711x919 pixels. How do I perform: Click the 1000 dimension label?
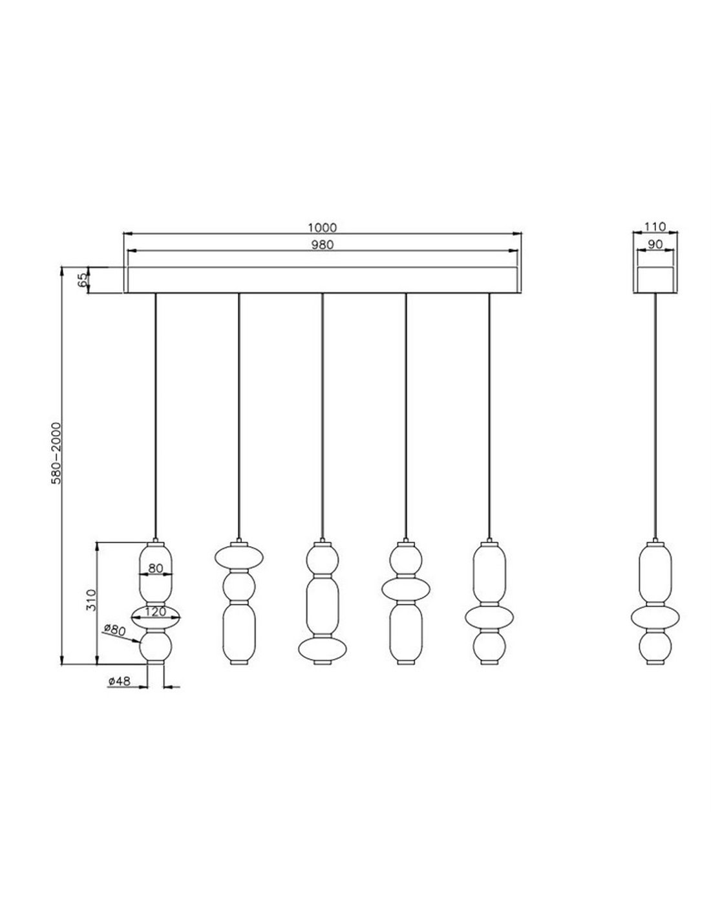322,227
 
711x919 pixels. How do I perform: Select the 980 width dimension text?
323,245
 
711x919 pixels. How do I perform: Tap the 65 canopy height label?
83,280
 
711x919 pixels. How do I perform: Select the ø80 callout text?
114,629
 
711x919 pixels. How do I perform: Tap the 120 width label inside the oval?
156,611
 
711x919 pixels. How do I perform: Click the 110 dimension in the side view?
655,227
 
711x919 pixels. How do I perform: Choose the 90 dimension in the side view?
655,245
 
